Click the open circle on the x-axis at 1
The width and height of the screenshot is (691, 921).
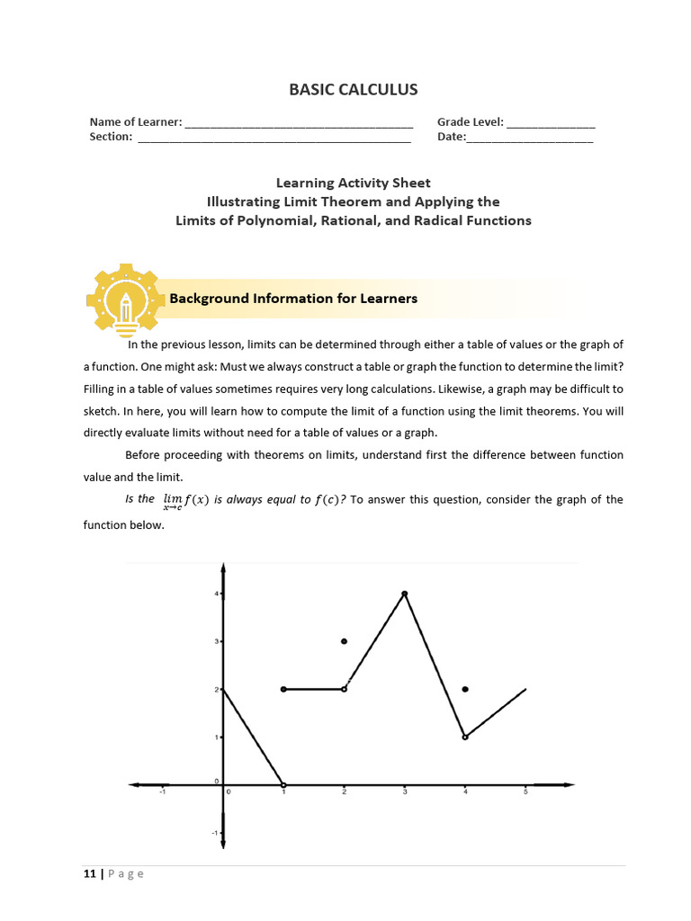coord(283,784)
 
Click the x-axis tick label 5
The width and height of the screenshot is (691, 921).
coord(525,792)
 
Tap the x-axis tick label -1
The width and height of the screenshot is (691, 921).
coord(162,792)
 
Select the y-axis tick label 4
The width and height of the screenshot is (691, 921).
coord(216,594)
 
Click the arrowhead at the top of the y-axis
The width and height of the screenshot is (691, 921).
coord(223,568)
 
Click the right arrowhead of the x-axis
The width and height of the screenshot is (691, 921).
coord(568,784)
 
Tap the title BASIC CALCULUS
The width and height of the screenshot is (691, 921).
coord(353,89)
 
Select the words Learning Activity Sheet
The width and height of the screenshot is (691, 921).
coord(353,183)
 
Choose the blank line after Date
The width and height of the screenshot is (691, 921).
coord(530,138)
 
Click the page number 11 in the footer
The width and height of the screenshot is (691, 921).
coord(90,873)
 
